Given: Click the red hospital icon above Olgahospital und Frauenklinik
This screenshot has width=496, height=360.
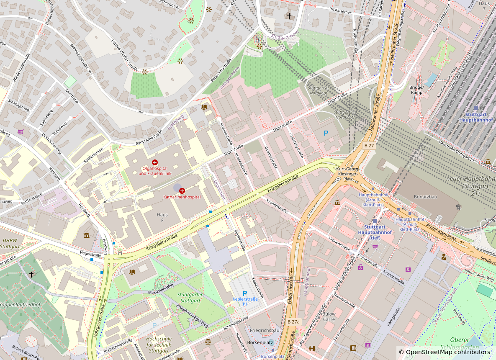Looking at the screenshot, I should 155,162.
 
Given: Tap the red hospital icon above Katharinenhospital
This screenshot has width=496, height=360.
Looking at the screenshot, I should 182,190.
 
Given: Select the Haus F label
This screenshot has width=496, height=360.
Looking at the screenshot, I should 162,218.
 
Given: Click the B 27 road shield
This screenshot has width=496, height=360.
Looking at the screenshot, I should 368,145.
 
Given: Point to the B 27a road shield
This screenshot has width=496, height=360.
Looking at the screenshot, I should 293,321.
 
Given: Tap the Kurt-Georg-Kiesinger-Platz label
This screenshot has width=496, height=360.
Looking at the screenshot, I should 347,174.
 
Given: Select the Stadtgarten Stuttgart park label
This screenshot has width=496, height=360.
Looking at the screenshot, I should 190,298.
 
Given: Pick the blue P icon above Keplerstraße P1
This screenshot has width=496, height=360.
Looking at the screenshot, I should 245,293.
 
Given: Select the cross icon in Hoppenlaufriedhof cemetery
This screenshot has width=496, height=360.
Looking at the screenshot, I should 31,274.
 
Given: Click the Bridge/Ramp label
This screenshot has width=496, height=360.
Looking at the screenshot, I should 416,90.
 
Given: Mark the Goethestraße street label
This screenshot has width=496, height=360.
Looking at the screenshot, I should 271,157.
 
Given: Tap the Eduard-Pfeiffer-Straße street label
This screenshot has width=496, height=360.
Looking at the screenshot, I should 124,55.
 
